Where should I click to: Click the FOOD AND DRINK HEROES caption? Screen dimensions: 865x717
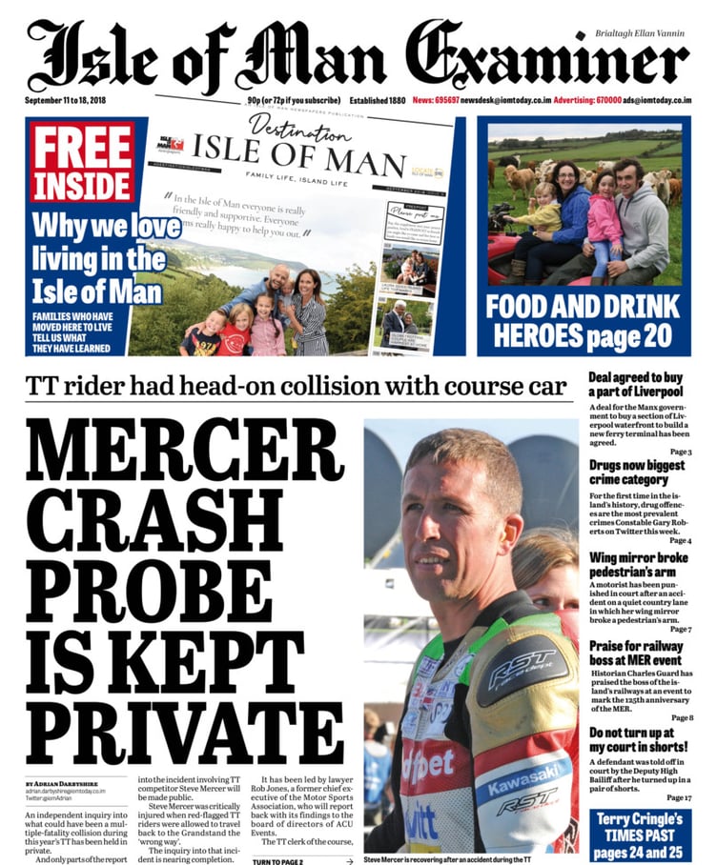click(583, 320)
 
